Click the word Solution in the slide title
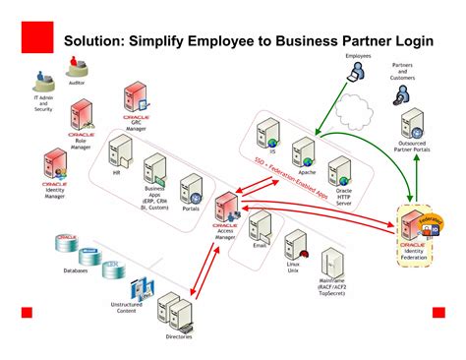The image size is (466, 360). [x=97, y=41]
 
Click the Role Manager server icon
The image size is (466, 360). [x=80, y=119]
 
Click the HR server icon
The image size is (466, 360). [x=119, y=152]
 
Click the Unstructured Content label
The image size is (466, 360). [x=128, y=308]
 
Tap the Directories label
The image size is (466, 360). [x=179, y=337]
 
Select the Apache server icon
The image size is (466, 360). [x=306, y=151]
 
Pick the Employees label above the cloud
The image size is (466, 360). [x=358, y=57]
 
